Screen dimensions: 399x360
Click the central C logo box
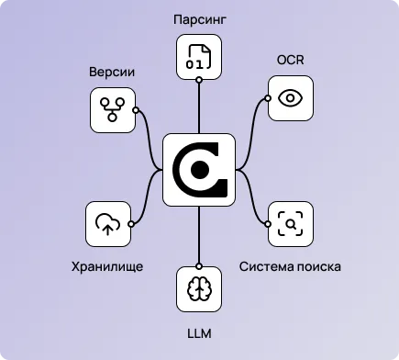point(199,169)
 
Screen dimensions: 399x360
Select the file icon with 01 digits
point(199,57)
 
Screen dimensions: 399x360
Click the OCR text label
point(290,60)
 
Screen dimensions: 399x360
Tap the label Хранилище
point(108,267)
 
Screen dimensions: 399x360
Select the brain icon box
point(199,287)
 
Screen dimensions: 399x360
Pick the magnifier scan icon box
point(290,224)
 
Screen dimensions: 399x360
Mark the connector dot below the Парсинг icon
point(199,81)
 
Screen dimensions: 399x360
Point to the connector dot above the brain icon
point(199,264)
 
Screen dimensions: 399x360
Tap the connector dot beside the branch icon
point(136,110)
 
